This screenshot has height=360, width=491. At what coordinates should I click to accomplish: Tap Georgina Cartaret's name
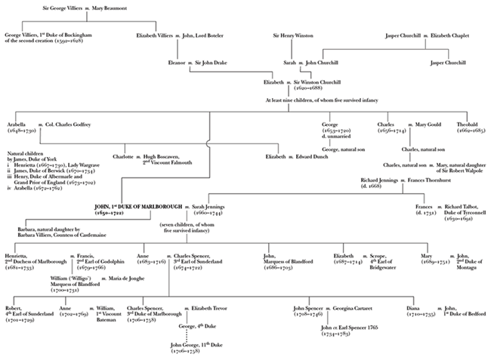(x=356, y=308)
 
